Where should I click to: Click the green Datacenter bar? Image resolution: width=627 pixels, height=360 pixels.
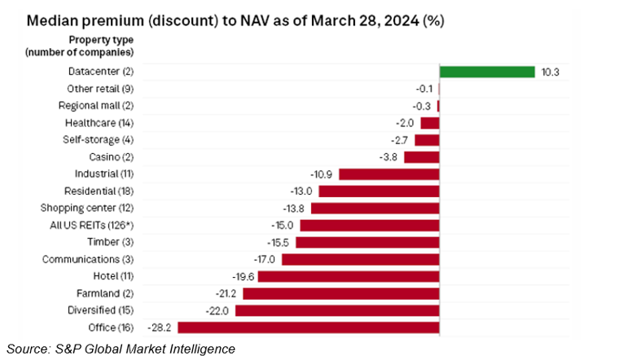click(486, 72)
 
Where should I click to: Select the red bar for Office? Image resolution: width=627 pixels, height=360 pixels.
click(309, 327)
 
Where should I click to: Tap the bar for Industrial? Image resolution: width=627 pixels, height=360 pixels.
click(388, 174)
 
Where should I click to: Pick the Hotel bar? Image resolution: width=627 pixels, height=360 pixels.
click(349, 276)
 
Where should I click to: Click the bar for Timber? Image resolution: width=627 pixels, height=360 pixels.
click(367, 242)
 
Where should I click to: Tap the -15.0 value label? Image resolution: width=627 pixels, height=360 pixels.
click(285, 225)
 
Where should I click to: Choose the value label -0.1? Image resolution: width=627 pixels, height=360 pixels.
click(423, 89)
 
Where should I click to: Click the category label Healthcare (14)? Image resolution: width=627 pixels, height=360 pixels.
click(99, 123)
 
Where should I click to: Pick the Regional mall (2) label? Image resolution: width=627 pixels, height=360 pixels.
click(95, 106)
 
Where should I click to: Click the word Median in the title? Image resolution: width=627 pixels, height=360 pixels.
click(53, 19)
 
